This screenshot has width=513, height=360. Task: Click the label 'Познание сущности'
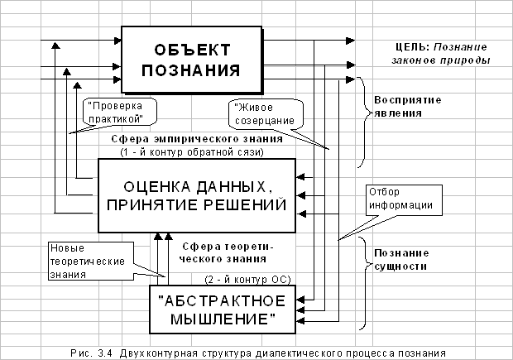[405, 260]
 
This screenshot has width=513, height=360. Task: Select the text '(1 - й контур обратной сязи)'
[192, 152]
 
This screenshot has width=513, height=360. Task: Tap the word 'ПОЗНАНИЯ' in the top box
[181, 68]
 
